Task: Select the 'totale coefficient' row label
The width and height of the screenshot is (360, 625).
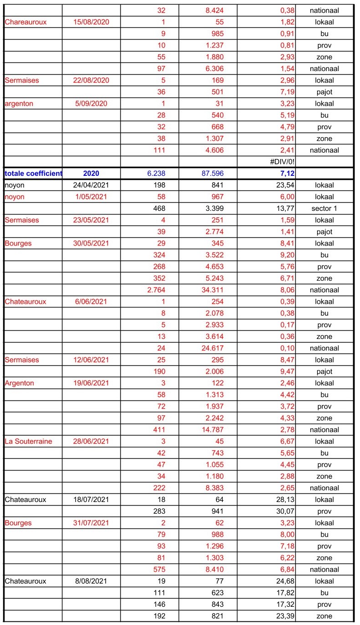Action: click(33, 174)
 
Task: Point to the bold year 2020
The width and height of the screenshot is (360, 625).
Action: click(91, 174)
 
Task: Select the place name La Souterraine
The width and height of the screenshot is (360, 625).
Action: click(28, 441)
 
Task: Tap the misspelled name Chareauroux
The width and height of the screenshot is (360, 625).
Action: click(26, 22)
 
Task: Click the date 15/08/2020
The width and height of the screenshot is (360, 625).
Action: click(91, 22)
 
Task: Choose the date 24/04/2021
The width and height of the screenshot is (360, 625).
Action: click(91, 185)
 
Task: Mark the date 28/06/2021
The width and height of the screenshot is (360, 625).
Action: click(91, 441)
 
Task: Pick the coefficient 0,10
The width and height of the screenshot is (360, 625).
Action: click(285, 348)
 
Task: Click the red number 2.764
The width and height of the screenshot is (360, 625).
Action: click(155, 290)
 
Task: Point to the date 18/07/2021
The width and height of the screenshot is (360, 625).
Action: click(91, 500)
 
